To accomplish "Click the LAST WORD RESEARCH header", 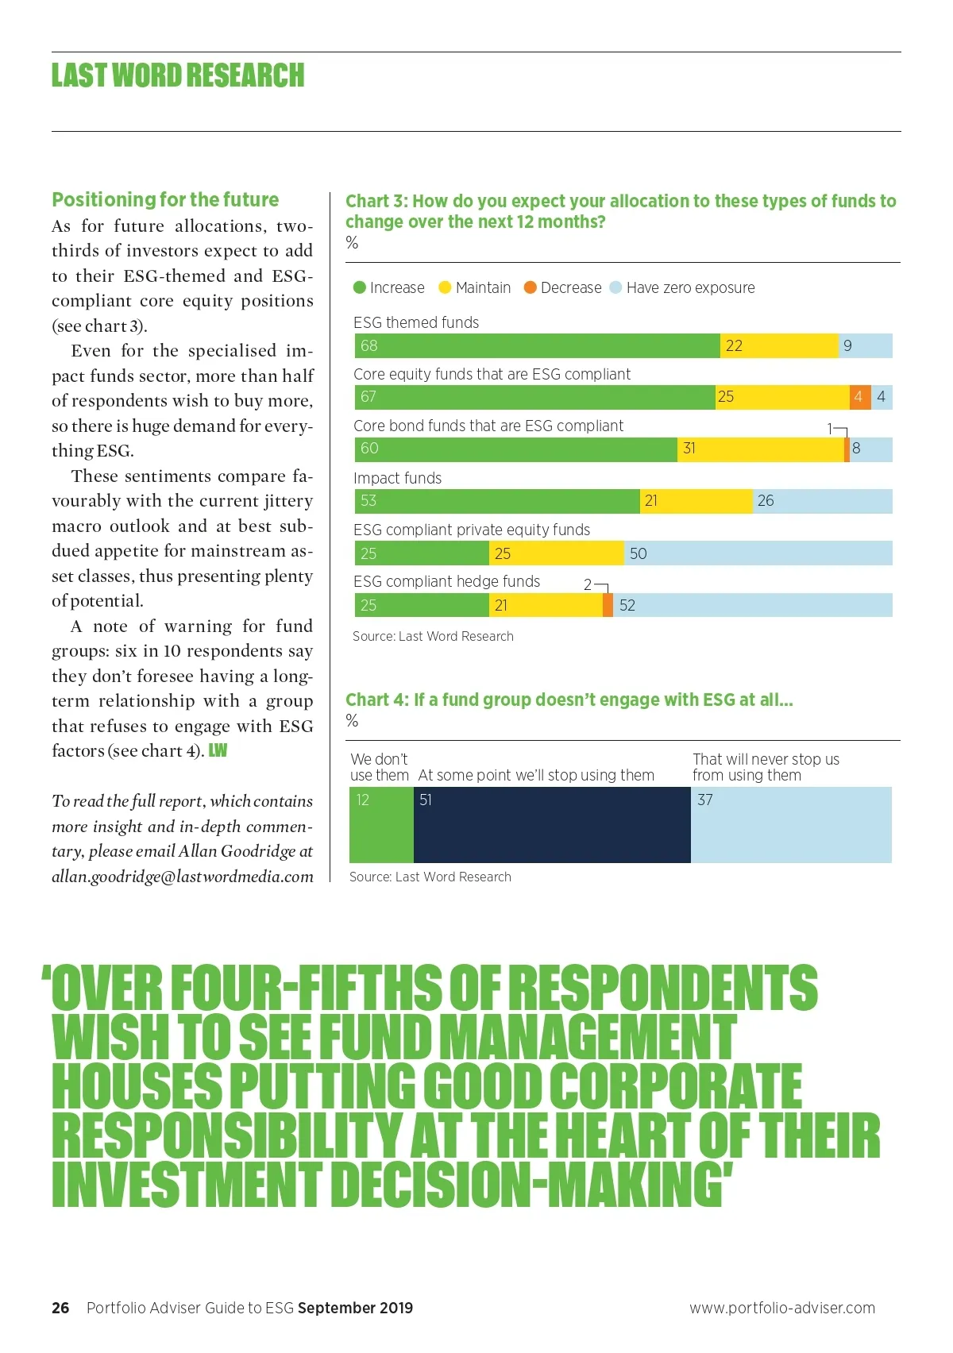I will [178, 75].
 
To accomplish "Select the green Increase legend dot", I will [360, 287].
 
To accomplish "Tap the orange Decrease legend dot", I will [531, 287].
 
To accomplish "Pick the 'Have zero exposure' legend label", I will [690, 287].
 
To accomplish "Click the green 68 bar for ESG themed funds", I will [537, 345].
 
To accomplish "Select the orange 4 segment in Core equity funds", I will [860, 397].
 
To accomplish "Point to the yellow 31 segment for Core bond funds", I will [760, 449].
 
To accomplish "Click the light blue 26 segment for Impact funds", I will [822, 501].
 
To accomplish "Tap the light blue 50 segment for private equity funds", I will [758, 553].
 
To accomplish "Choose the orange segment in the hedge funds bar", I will [608, 605].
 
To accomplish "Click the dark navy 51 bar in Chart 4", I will [552, 825].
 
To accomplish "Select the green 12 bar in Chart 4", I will [381, 825].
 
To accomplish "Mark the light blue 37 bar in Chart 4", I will [791, 825].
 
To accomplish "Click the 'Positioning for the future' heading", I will [165, 199].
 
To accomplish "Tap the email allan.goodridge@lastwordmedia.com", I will [183, 877].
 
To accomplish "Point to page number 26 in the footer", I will [60, 1308].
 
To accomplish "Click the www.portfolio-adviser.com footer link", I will [782, 1308].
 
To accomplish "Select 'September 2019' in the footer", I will [355, 1308].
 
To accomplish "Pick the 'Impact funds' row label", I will [397, 478].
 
